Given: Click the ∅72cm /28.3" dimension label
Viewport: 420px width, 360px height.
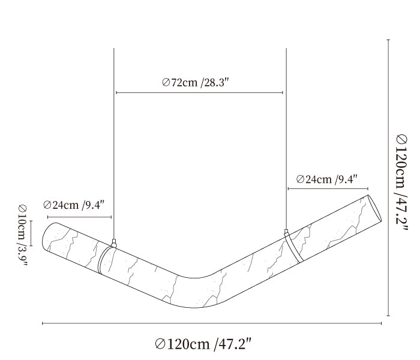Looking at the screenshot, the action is click(196, 83).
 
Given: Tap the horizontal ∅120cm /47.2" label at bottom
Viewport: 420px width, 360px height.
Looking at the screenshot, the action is click(203, 344).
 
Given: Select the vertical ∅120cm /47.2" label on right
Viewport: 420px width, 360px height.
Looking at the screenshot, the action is click(402, 182).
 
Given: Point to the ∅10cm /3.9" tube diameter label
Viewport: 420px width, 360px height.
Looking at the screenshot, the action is click(23, 236).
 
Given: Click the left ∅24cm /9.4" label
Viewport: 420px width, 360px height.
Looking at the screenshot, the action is click(73, 205).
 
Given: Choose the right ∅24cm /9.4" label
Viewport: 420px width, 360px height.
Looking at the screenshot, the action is click(327, 179).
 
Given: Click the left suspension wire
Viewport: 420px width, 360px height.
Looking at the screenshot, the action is click(114, 143).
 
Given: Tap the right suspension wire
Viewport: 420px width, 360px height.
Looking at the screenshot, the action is click(286, 139).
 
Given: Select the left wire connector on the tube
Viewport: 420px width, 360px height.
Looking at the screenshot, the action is click(114, 243).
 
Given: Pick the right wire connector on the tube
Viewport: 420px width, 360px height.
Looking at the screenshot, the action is click(286, 232).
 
